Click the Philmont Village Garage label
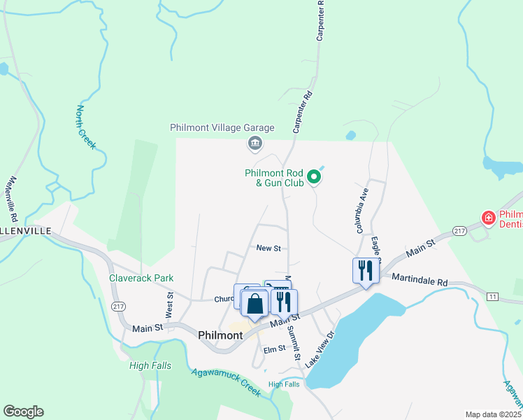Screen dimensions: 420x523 [x=222, y=128]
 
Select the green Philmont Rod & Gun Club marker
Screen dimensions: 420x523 [x=314, y=177]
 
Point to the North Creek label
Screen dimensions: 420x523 [x=85, y=127]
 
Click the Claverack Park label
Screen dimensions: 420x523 [x=141, y=278]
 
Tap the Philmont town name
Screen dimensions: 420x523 [x=220, y=335]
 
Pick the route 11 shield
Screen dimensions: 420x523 [x=493, y=297]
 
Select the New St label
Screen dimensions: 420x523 [x=268, y=248]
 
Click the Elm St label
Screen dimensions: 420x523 [x=274, y=349]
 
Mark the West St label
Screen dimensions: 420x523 [x=169, y=306]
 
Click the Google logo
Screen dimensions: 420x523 [x=23, y=412]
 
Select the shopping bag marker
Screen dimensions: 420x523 [x=256, y=304]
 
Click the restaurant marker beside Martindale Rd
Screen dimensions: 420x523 [x=365, y=271]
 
